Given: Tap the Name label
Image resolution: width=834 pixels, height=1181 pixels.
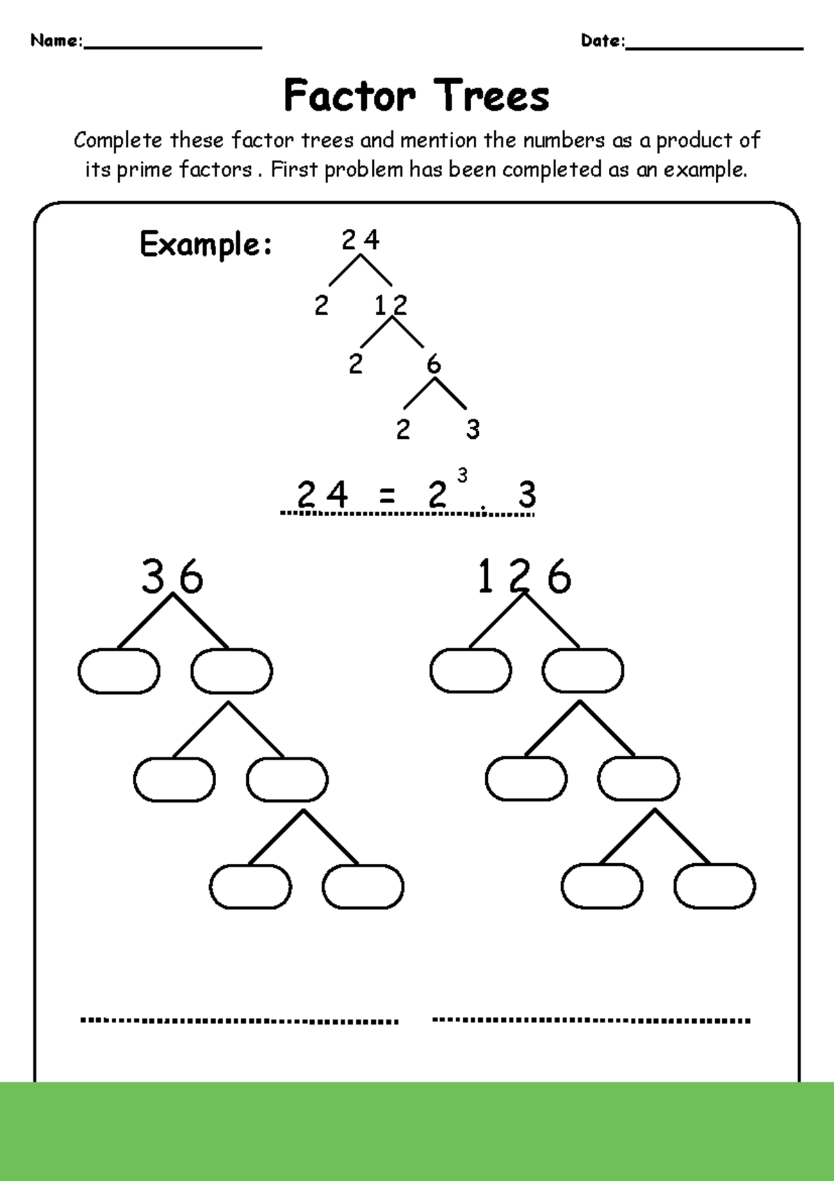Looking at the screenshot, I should point(56,40).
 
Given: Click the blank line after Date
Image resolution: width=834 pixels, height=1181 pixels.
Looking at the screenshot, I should point(714,46).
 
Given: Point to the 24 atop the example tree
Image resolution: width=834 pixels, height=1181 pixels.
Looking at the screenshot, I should point(361,240).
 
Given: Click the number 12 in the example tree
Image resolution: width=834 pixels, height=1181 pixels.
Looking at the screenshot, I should point(391,305).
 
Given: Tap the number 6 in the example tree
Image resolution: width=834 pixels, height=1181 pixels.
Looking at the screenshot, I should point(434,364).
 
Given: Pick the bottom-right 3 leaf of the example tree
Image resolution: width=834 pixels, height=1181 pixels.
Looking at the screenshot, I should point(473,429).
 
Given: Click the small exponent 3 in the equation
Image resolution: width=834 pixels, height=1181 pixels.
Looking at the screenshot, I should point(462,475).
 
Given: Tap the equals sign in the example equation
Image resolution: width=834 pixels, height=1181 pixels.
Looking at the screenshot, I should point(388,496).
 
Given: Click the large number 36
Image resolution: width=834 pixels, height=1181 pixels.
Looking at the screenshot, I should point(172,577).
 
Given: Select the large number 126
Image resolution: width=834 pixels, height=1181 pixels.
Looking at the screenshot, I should point(524,577).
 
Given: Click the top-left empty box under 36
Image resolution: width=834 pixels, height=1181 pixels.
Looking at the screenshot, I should point(119,671).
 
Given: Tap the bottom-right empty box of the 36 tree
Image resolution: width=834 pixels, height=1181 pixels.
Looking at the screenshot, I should point(363,887).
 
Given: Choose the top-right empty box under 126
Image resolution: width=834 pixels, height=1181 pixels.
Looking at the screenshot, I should point(583,671).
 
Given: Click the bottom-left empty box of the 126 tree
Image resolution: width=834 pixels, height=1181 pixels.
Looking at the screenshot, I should point(602,887).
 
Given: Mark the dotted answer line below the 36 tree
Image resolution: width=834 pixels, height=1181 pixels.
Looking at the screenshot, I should point(239,1020).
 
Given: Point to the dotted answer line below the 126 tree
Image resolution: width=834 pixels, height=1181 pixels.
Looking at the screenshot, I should point(591,1020).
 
